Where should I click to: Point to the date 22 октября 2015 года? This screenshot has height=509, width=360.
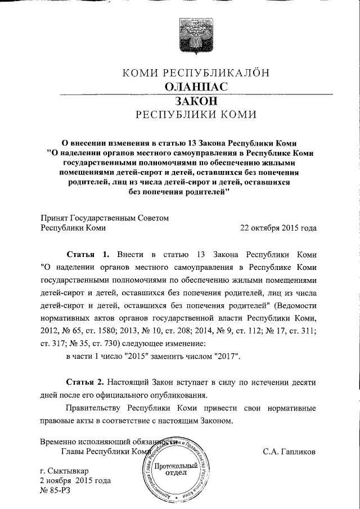pyautogui.click(x=278, y=228)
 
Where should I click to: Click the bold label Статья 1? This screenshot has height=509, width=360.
pyautogui.click(x=85, y=253)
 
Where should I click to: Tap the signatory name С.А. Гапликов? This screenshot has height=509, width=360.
pyautogui.click(x=289, y=451)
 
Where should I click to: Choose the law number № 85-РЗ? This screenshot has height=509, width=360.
pyautogui.click(x=56, y=490)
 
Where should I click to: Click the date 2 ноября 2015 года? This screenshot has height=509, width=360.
pyautogui.click(x=75, y=480)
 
